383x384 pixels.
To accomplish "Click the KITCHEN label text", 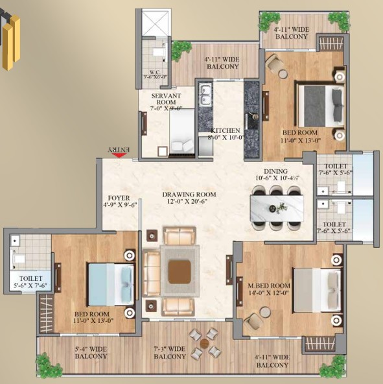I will [225, 134].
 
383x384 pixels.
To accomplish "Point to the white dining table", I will [278, 207].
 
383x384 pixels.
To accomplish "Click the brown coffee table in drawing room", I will [180, 271].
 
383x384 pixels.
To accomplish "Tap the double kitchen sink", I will [206, 95].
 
